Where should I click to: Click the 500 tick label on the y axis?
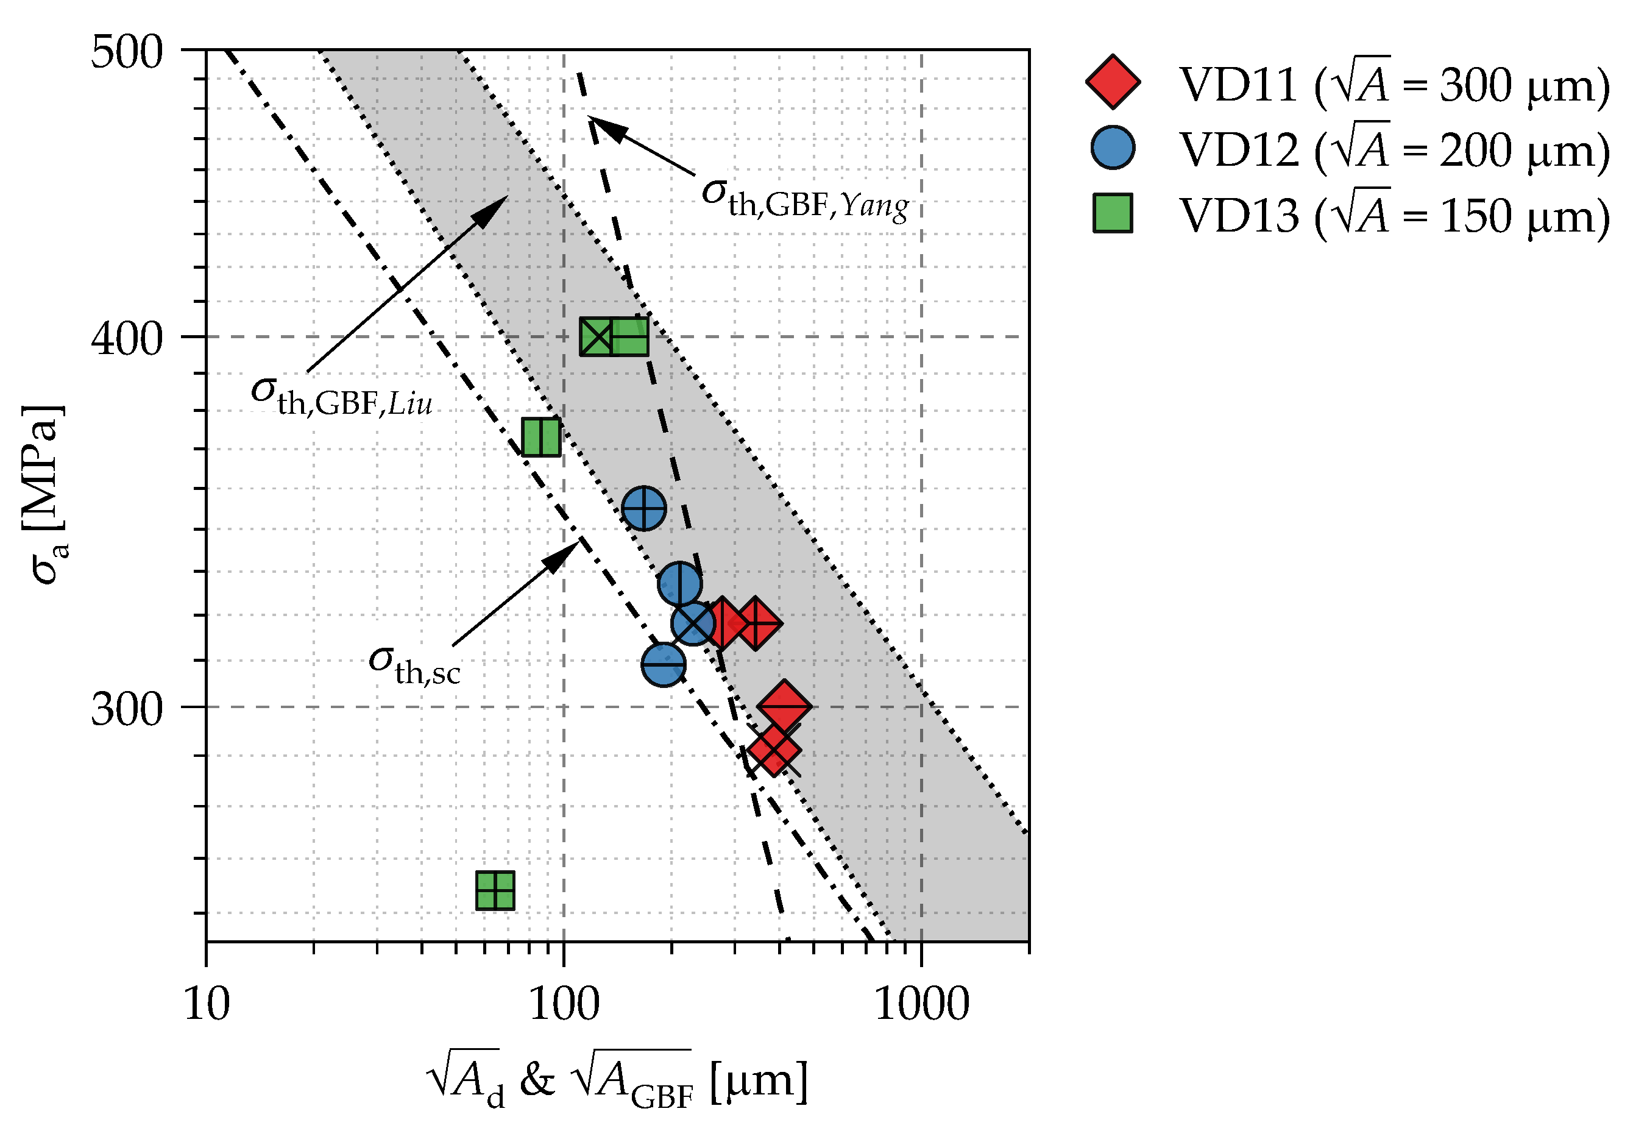tap(127, 52)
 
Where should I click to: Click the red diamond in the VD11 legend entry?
tap(1113, 82)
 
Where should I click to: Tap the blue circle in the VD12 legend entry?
tap(1113, 148)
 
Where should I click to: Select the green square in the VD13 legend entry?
tap(1113, 213)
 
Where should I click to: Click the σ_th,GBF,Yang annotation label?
tap(805, 197)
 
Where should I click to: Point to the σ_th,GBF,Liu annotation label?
tap(341, 395)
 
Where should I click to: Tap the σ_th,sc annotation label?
tap(414, 664)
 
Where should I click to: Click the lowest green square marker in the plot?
tap(495, 891)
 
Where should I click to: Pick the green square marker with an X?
tap(597, 337)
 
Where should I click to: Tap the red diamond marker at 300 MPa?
tap(784, 706)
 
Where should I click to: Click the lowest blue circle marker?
tap(663, 664)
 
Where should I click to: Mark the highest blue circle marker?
tap(644, 508)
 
